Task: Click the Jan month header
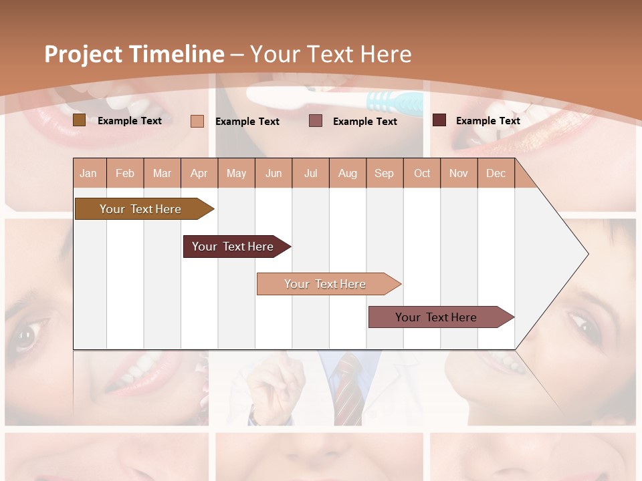[89, 173]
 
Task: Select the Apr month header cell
[199, 173]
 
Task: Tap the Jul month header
[310, 173]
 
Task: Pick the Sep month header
[384, 173]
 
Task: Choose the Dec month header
[496, 173]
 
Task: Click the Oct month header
[421, 173]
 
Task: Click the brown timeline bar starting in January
[140, 209]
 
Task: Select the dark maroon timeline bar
[233, 247]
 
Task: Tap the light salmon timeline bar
[325, 284]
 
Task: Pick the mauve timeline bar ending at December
[436, 317]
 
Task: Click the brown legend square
[79, 120]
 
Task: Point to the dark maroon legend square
[439, 120]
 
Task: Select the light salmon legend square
[197, 121]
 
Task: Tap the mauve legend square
[316, 120]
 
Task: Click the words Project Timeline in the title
[134, 54]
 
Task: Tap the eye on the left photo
[28, 335]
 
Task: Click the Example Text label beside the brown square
[130, 121]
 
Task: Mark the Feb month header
[125, 173]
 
